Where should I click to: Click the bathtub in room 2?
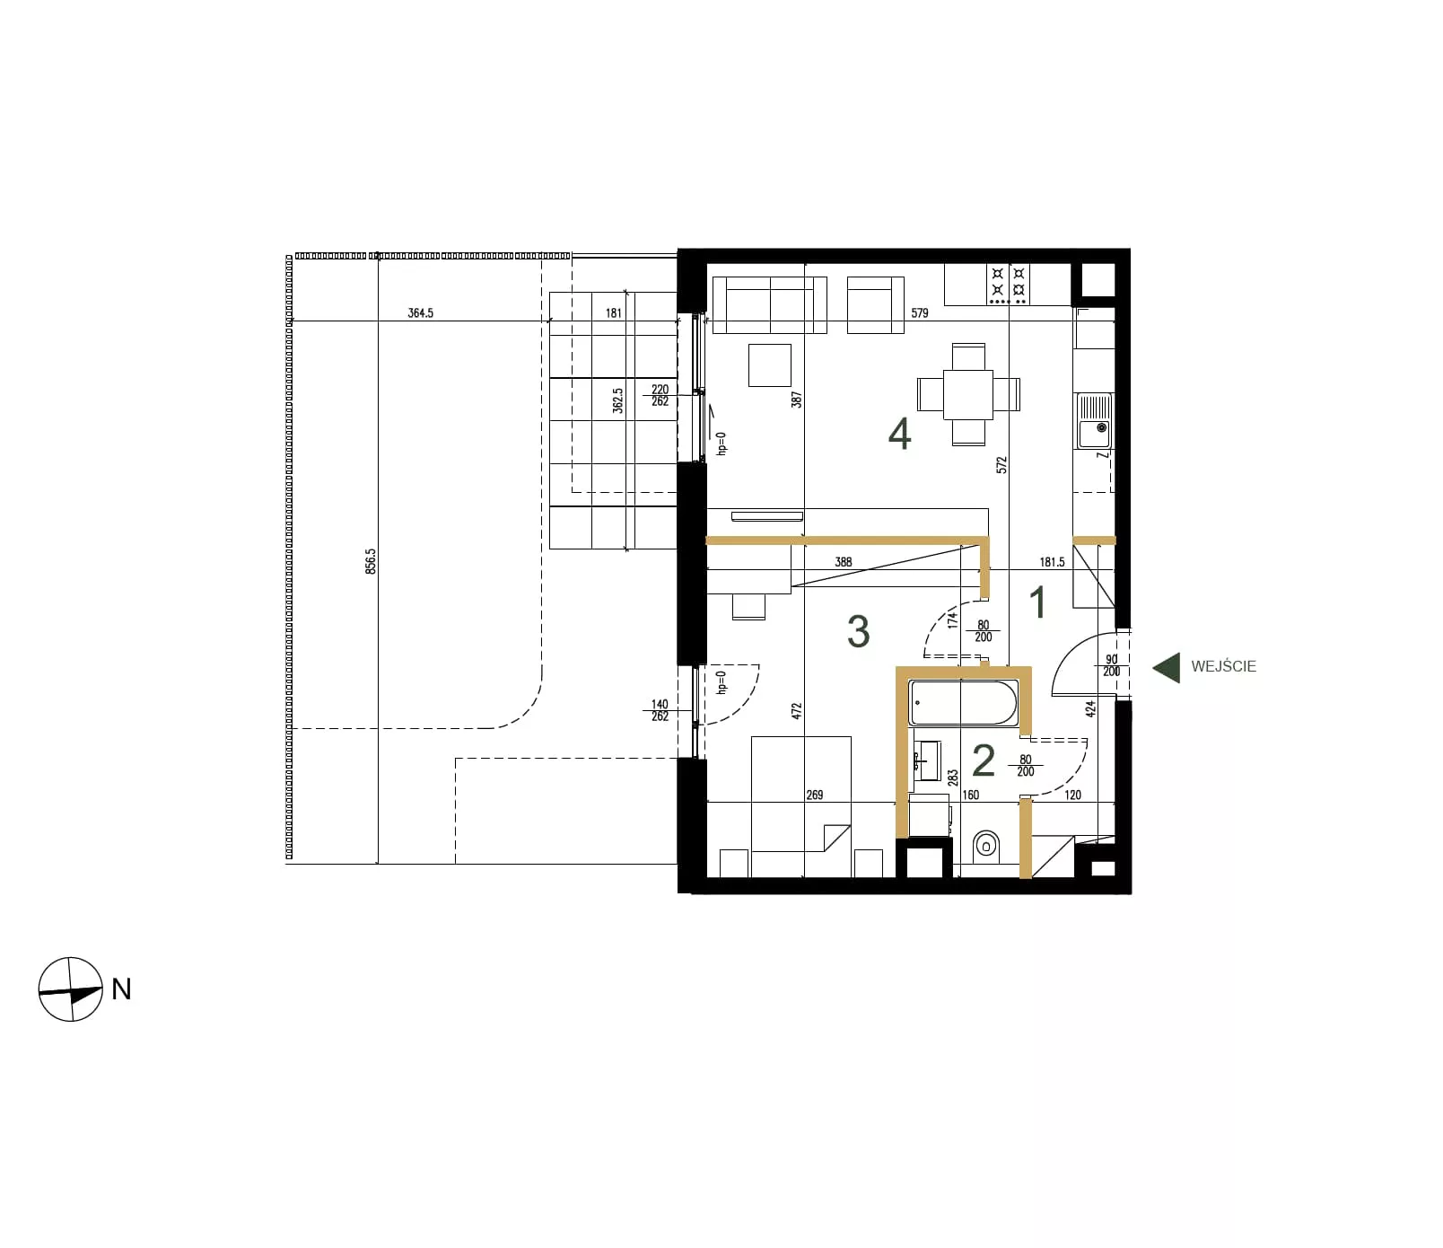[964, 703]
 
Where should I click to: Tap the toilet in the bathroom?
[986, 844]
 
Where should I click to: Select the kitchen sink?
[1094, 421]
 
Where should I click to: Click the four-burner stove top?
[1009, 284]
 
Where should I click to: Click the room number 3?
[858, 632]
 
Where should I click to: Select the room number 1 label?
[1038, 602]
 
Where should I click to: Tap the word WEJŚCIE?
[1223, 666]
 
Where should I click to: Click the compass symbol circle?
[71, 989]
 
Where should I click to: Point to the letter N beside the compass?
[121, 989]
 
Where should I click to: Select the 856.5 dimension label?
[371, 562]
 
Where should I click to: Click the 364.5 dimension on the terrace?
[420, 313]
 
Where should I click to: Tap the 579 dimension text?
[919, 313]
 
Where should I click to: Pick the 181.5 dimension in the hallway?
[1052, 562]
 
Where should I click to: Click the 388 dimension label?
[843, 562]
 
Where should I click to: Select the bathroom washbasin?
[927, 761]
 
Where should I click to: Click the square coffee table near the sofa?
[769, 365]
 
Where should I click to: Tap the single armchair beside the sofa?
[875, 305]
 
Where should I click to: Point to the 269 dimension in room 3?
[815, 795]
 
